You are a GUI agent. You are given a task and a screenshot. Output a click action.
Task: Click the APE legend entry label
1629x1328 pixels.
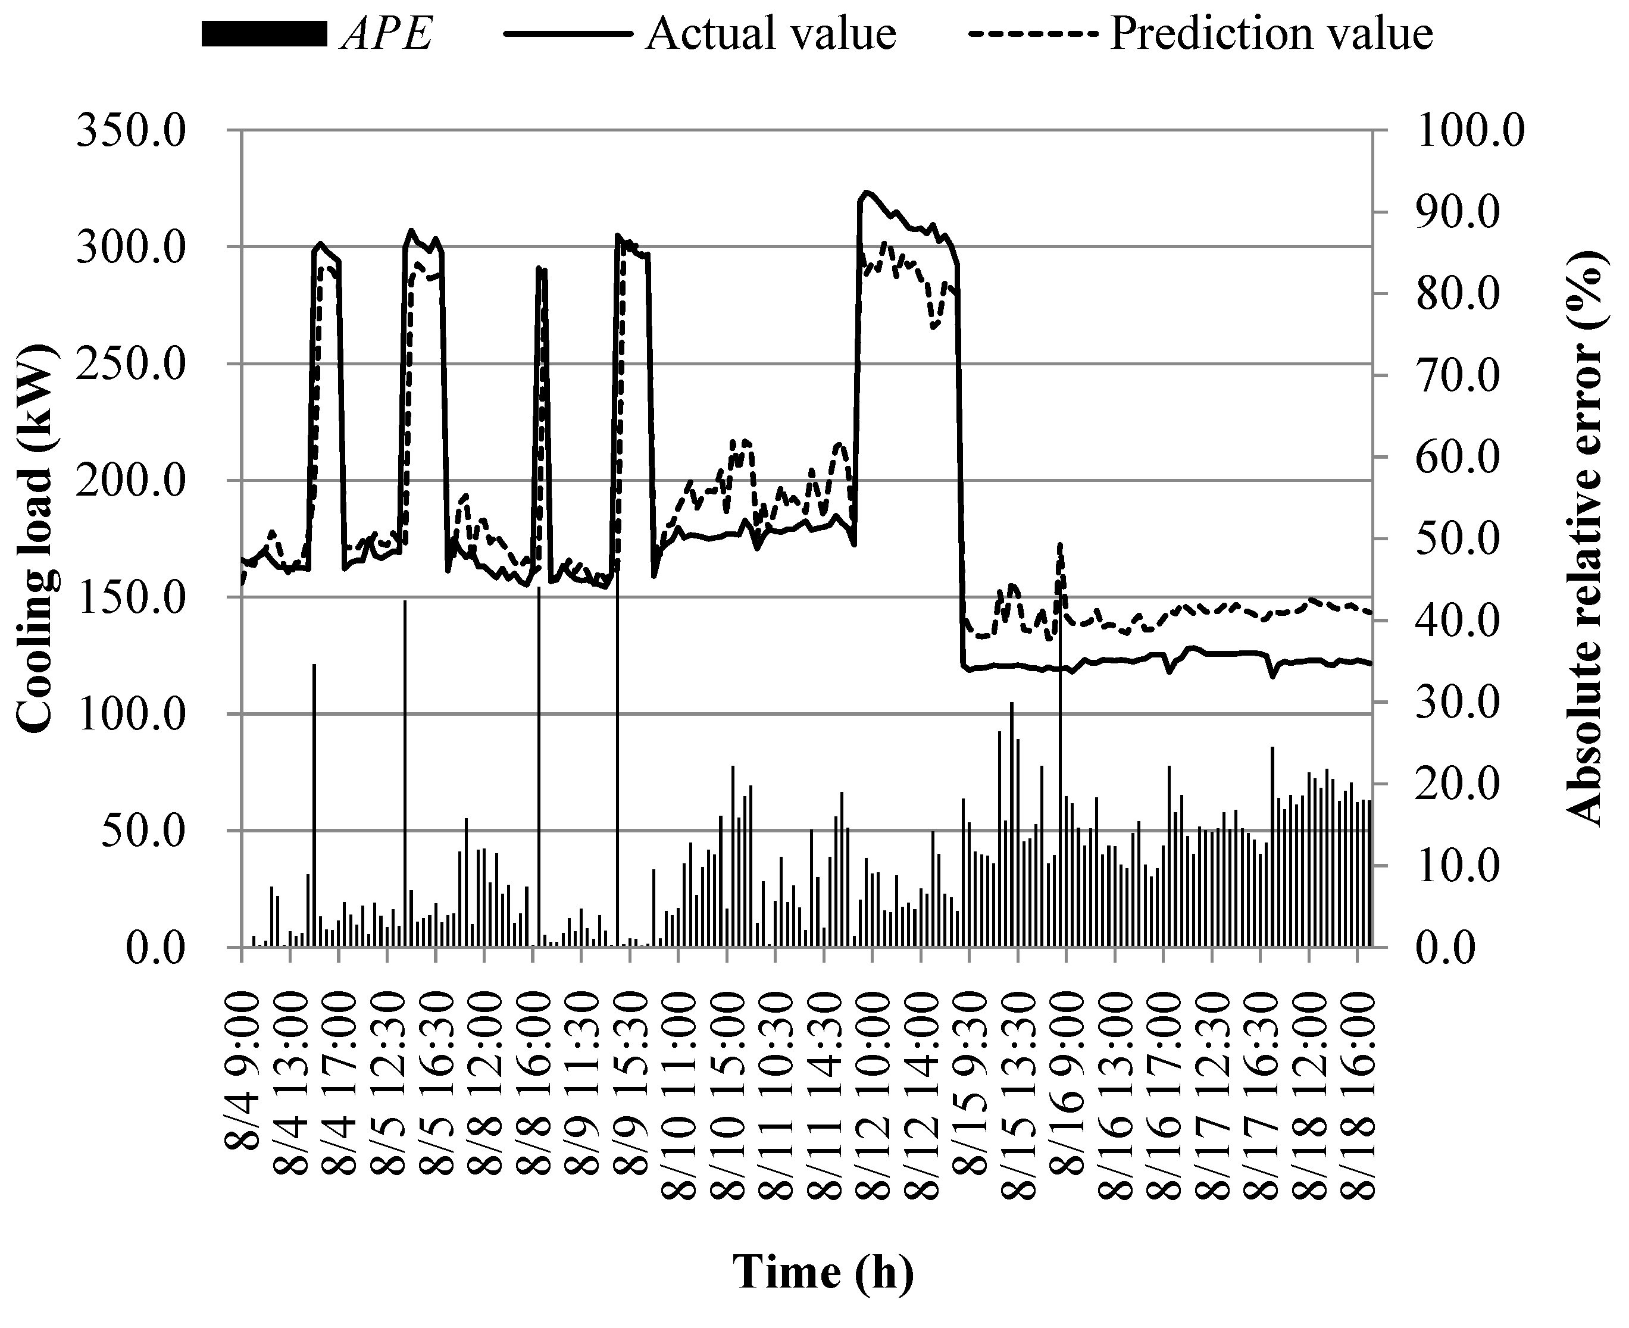click(x=388, y=35)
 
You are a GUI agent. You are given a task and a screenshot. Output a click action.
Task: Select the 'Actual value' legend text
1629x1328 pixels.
click(x=771, y=35)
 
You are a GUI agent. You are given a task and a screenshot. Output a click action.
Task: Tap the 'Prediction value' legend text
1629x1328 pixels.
click(x=1272, y=35)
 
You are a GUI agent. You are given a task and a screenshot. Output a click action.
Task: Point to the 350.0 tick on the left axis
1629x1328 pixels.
click(x=131, y=131)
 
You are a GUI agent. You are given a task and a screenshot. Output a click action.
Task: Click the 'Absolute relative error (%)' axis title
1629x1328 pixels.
click(x=1586, y=539)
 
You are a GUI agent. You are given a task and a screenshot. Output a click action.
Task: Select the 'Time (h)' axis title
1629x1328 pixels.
click(x=823, y=1273)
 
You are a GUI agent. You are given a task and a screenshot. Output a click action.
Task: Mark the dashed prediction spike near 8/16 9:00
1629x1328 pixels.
click(x=1060, y=546)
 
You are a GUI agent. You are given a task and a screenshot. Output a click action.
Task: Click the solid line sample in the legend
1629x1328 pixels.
click(x=568, y=35)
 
